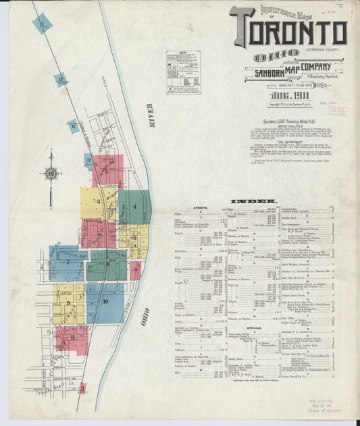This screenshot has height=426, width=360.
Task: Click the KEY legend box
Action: (184, 72)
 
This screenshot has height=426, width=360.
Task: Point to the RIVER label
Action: (151, 117)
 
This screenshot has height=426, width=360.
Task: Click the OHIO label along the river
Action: (144, 317)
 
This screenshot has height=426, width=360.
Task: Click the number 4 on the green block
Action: (136, 206)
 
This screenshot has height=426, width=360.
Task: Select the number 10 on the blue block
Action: (105, 301)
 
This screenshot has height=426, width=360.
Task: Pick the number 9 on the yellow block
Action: (136, 238)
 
